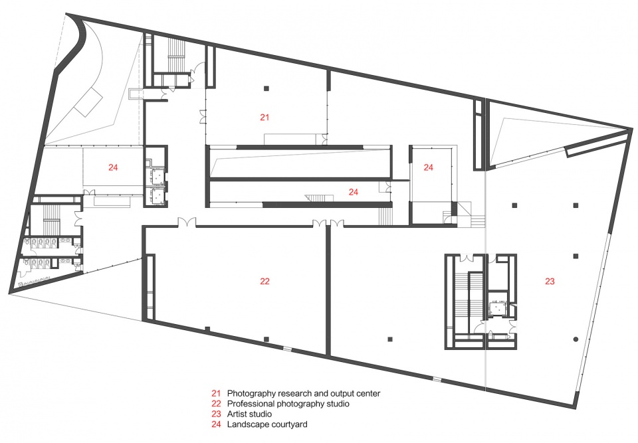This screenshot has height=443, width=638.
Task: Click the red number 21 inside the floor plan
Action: coord(265,117)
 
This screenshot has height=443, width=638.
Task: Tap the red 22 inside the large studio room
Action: coord(265,281)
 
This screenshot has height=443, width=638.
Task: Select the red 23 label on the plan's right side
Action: coord(550,281)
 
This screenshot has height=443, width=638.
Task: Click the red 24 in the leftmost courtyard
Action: coord(113,167)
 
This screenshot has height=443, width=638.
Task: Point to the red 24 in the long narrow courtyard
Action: coord(353,192)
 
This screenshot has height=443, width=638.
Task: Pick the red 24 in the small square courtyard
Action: coord(429,167)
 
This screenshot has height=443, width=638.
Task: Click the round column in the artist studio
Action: coord(576,339)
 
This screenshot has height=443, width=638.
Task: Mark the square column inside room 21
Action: coord(266,88)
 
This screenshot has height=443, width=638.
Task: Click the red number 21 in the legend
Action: coord(215,393)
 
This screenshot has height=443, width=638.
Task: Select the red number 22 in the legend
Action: coord(216,404)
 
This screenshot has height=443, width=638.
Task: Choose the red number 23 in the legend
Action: coord(216,414)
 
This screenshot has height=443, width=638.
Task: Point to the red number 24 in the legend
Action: coord(216,424)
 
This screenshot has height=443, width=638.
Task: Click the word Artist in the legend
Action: coord(237,414)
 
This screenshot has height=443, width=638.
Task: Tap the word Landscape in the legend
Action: coord(247,425)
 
